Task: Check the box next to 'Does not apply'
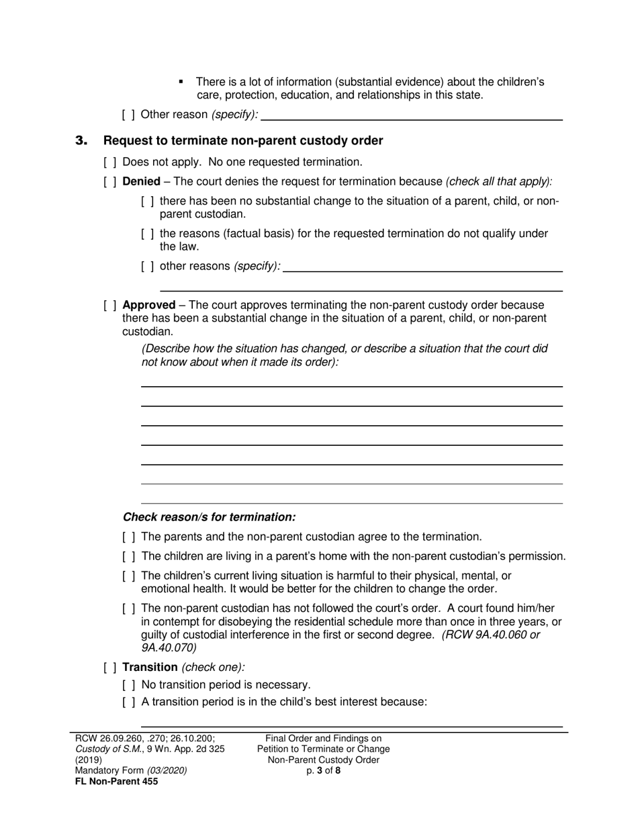pos(110,162)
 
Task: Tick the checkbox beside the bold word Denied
pos(110,181)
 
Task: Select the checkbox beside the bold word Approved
pos(110,305)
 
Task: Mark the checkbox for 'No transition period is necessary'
pos(129,685)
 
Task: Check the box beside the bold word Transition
pos(110,668)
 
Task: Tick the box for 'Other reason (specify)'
pos(129,115)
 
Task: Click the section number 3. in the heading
pos(81,141)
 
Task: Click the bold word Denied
pos(141,181)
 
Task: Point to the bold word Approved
pos(148,305)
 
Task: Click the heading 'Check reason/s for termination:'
pos(209,517)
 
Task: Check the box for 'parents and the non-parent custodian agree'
pos(129,537)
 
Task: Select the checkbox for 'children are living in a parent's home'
pos(129,557)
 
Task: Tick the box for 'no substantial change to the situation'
pos(148,201)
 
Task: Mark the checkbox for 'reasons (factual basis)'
pos(148,234)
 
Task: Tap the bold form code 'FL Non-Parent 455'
pos(117,781)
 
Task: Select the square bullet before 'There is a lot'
pos(181,82)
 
